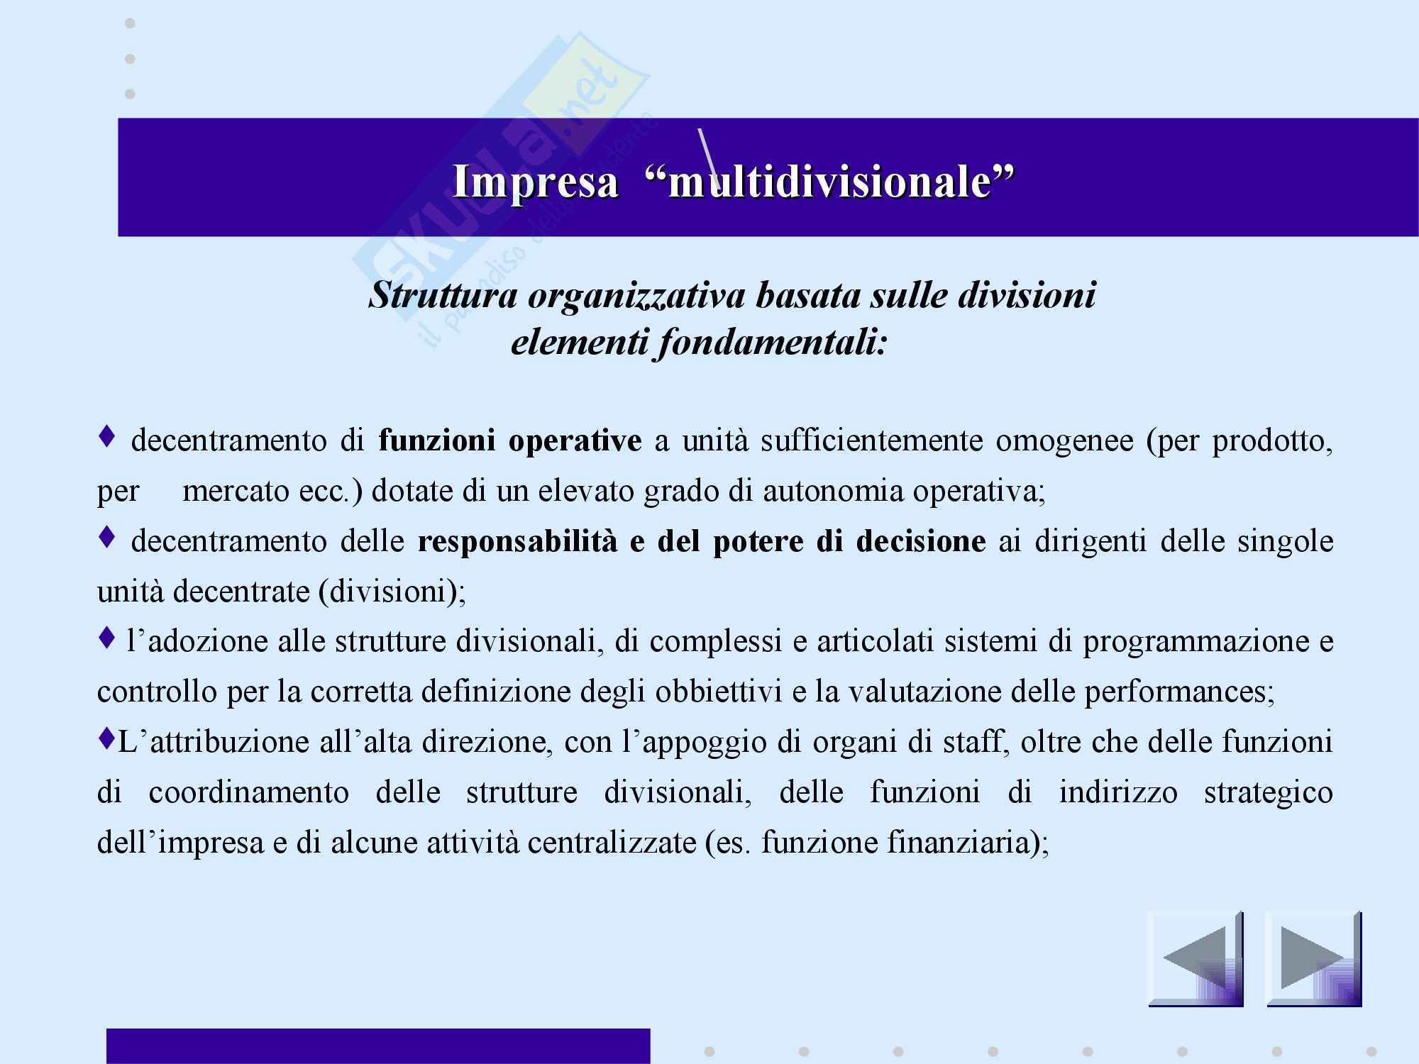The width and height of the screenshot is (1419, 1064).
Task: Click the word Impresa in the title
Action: (x=536, y=182)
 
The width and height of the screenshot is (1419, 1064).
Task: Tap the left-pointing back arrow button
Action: (x=1196, y=959)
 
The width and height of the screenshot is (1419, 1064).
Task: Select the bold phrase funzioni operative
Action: (x=510, y=441)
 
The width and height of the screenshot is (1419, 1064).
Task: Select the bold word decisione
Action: (x=921, y=542)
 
